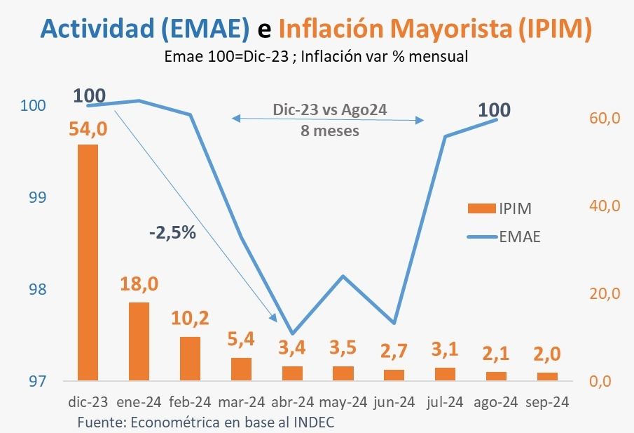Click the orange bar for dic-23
(x=88, y=262)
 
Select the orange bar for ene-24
(x=139, y=342)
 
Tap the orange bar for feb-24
(x=190, y=359)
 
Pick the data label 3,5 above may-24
(x=343, y=349)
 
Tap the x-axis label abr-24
(x=292, y=403)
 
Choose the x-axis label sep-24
(x=547, y=403)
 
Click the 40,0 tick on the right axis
(x=607, y=206)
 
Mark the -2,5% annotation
(x=172, y=233)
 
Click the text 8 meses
(x=330, y=131)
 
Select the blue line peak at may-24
(x=343, y=276)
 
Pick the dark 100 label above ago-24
(x=494, y=110)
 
